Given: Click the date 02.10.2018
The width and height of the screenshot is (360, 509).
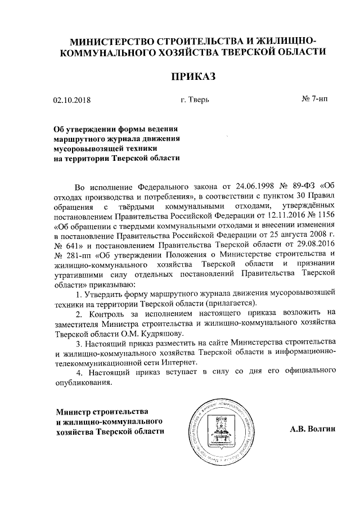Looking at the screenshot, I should pos(71,101).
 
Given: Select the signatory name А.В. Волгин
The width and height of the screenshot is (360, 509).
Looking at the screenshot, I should pos(312,429).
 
